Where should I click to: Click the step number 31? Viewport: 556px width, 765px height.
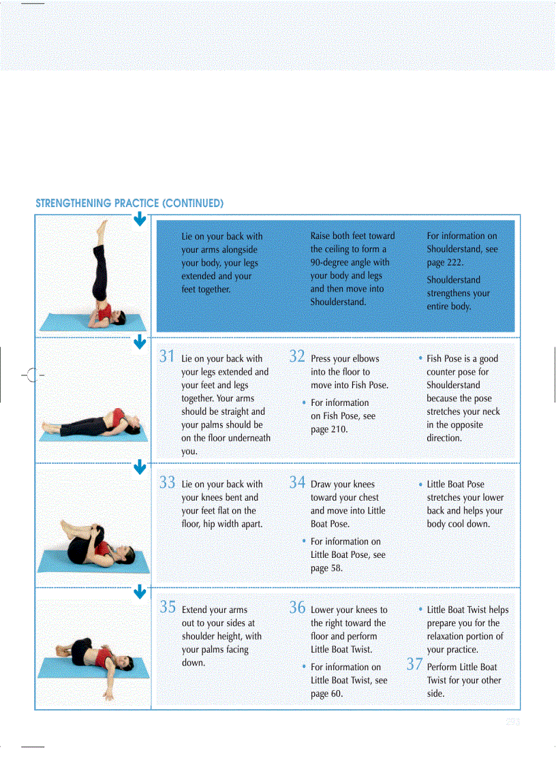168,356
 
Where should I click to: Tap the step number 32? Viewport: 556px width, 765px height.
296,356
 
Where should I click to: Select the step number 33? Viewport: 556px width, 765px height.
168,482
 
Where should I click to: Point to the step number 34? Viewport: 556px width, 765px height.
296,482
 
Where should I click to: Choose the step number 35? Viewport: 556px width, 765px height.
168,607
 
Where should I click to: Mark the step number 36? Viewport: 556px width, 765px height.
296,607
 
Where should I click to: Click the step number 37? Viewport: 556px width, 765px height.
414,665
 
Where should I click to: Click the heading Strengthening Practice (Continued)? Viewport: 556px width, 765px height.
129,203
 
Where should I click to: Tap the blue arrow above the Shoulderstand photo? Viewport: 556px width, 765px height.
139,219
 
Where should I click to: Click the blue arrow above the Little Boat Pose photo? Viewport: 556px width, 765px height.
139,467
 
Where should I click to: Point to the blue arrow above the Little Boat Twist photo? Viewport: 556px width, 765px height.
139,592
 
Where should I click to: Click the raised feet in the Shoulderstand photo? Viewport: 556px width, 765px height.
102,224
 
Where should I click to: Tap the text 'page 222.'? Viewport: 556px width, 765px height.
446,262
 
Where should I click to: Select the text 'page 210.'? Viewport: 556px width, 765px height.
329,429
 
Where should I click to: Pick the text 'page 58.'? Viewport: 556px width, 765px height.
327,568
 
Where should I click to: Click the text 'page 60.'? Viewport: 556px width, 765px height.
327,693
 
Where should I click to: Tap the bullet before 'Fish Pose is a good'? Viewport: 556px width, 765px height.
420,358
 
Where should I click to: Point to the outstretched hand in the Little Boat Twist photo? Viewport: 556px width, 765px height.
108,696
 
